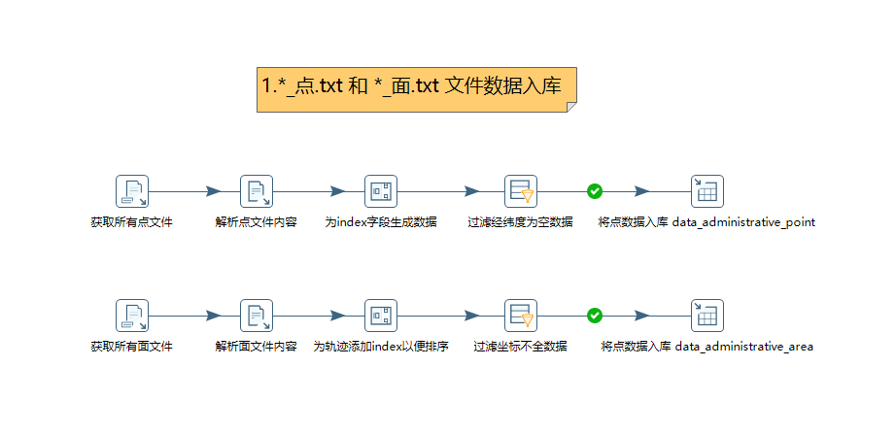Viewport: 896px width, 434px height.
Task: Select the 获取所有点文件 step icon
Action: click(132, 191)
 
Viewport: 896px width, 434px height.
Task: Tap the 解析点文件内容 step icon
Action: click(257, 191)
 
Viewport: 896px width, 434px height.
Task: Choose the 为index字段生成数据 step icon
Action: click(381, 191)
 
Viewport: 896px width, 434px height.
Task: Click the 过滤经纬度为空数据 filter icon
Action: click(521, 191)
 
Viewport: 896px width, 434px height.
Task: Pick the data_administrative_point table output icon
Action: click(707, 191)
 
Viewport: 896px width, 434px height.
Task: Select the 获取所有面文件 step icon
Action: click(132, 316)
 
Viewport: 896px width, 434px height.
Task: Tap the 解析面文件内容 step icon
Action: click(257, 316)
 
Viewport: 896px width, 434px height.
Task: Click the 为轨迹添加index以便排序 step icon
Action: click(381, 316)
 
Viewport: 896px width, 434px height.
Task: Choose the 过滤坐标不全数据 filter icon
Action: click(521, 316)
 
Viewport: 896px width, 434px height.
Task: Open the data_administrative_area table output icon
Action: click(707, 316)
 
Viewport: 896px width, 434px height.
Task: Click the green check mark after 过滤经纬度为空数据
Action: click(595, 191)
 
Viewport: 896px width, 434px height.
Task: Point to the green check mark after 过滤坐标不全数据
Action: click(595, 316)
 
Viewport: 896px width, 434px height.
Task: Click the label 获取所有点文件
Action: click(132, 222)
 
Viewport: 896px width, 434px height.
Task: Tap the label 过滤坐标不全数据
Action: click(521, 347)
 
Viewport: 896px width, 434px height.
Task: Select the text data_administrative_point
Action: click(744, 222)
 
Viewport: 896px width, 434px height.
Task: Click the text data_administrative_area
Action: click(744, 347)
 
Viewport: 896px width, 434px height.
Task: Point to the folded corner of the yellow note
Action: click(571, 107)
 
